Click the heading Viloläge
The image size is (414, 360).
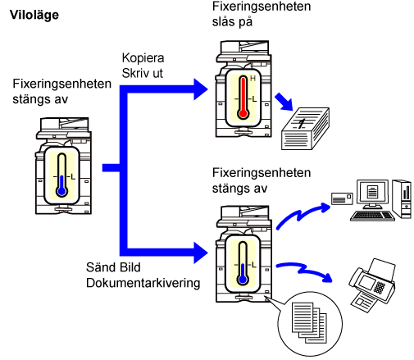[34, 15]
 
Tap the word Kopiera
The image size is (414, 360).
[143, 58]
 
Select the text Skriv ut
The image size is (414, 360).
[142, 73]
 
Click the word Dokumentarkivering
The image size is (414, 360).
[143, 283]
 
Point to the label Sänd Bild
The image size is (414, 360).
[113, 267]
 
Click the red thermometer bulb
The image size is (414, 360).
[243, 113]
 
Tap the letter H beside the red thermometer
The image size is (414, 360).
[252, 79]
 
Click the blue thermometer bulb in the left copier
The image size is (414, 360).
[62, 191]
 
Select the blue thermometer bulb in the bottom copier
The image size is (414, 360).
[243, 280]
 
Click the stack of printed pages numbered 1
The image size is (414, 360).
[305, 129]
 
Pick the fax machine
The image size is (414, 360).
[372, 285]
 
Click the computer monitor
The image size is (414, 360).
[372, 194]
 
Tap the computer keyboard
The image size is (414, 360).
[372, 216]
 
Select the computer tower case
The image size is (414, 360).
[402, 199]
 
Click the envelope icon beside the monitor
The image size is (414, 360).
[342, 198]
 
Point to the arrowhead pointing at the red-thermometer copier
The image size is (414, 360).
[201, 89]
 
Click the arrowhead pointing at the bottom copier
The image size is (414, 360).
[201, 253]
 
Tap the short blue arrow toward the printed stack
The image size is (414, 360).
[284, 102]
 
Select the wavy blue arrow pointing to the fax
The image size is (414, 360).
[304, 271]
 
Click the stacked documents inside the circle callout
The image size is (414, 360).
[309, 322]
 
